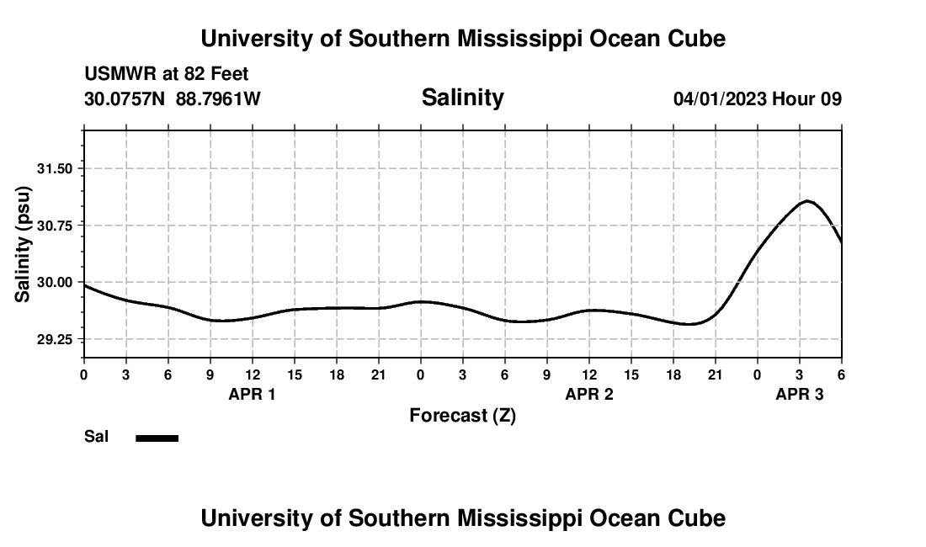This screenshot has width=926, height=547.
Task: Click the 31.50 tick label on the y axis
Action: click(56, 168)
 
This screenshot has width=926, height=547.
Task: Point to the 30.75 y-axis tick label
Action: click(56, 226)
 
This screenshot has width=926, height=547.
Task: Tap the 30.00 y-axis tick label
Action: click(56, 282)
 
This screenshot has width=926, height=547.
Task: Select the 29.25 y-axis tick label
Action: click(56, 339)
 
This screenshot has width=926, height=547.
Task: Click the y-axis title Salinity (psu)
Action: click(24, 243)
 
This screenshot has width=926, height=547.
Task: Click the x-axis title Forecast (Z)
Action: click(462, 416)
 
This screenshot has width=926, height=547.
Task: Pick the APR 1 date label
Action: click(253, 394)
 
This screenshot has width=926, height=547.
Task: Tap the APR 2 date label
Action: click(589, 394)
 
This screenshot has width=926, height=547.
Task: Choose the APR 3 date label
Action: click(800, 394)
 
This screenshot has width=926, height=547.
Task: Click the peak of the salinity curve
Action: click(807, 201)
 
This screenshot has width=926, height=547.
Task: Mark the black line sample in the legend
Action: click(157, 438)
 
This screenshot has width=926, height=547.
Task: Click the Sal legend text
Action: click(97, 437)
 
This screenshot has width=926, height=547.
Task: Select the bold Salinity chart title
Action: click(462, 98)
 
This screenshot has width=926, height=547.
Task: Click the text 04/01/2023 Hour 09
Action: click(757, 98)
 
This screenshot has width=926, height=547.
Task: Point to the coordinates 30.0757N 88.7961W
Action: click(173, 98)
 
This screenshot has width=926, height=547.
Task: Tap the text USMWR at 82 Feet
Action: click(167, 74)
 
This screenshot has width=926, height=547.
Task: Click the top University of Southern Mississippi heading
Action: click(463, 39)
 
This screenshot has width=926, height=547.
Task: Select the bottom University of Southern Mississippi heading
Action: click(463, 518)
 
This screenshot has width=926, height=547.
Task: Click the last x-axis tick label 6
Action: click(841, 374)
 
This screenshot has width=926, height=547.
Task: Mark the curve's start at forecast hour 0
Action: click(85, 285)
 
